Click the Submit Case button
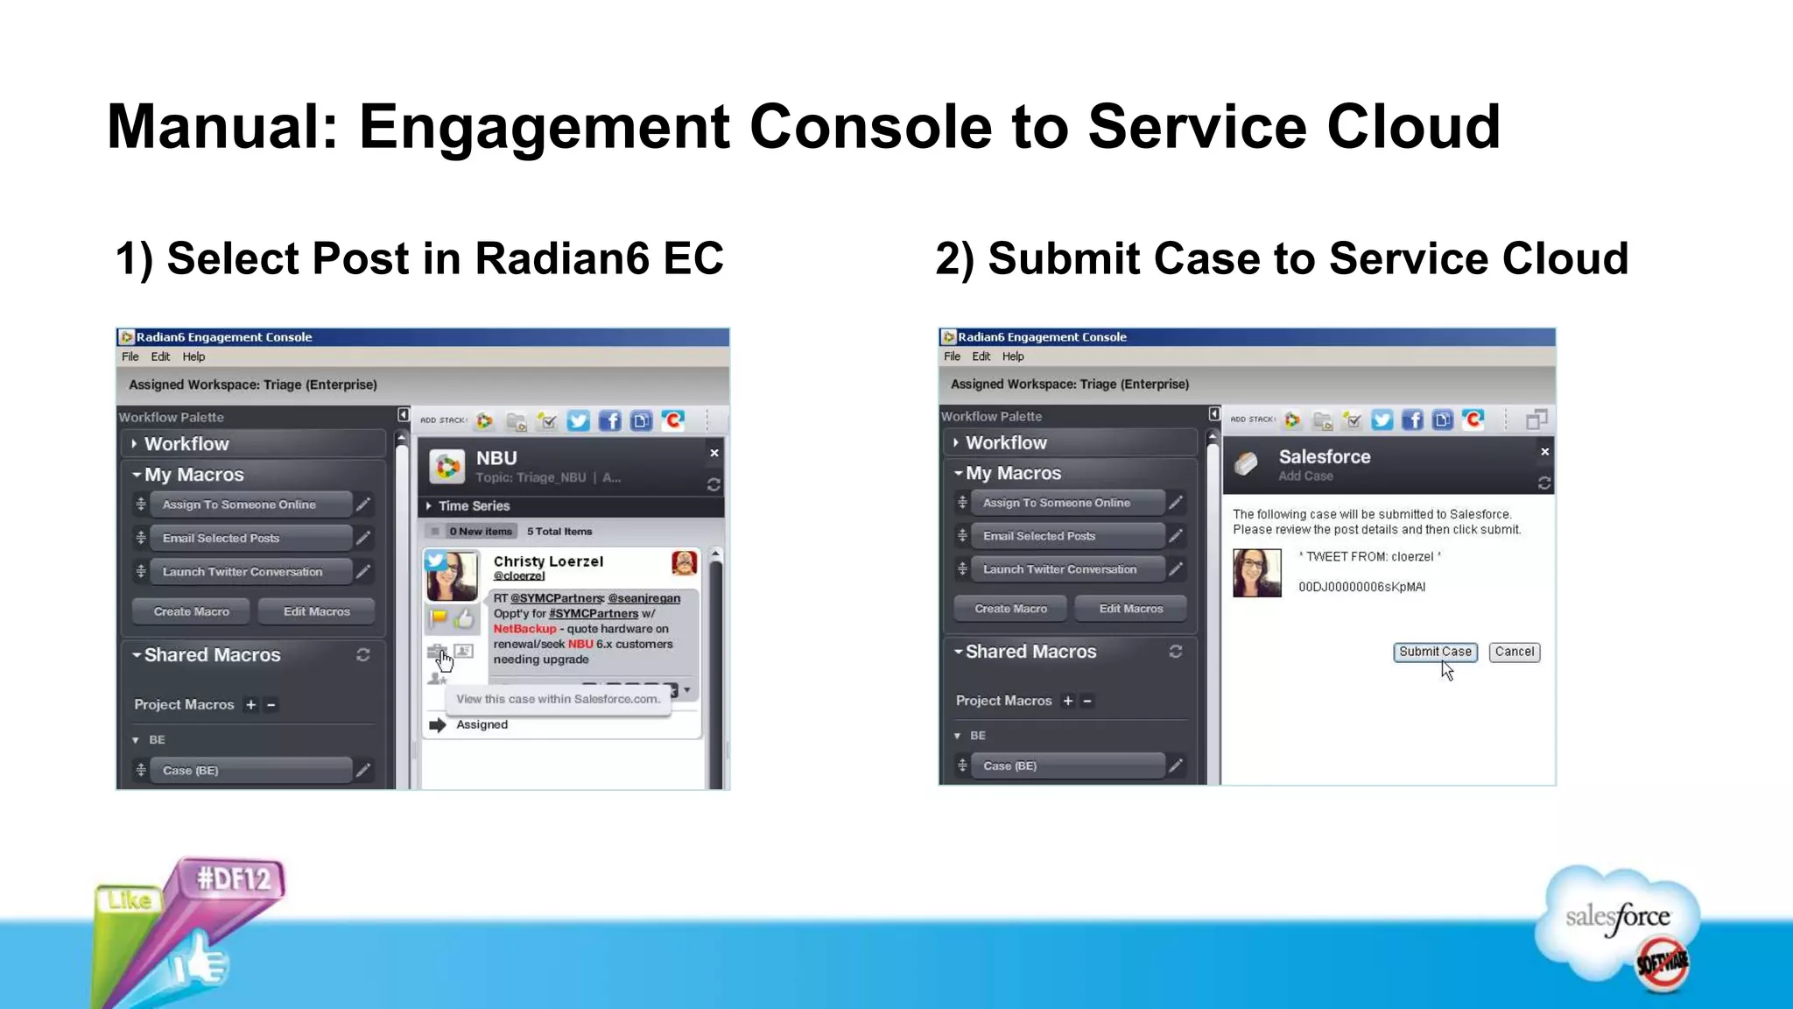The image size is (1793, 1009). coord(1435,652)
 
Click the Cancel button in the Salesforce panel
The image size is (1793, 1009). coord(1514,652)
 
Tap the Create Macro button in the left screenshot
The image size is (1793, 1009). coord(191,611)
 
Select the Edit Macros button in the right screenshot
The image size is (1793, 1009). coord(1130,609)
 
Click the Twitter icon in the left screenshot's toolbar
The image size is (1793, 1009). coord(578,421)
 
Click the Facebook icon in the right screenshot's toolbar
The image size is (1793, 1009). coord(1412,420)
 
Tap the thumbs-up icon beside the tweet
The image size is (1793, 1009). coord(465,618)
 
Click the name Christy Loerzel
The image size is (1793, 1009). coord(548,561)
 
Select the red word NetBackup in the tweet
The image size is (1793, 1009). coord(524,629)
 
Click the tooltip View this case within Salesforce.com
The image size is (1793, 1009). coord(558,699)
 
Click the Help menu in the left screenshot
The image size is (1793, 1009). coord(193,356)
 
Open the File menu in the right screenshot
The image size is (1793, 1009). coord(952,356)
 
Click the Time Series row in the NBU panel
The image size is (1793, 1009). coord(474,506)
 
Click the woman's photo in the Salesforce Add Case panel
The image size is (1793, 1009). coord(1256,573)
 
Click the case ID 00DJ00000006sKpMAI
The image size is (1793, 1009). coord(1361,587)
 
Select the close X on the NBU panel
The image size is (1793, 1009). coord(714,453)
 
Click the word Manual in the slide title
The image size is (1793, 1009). coord(221,127)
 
